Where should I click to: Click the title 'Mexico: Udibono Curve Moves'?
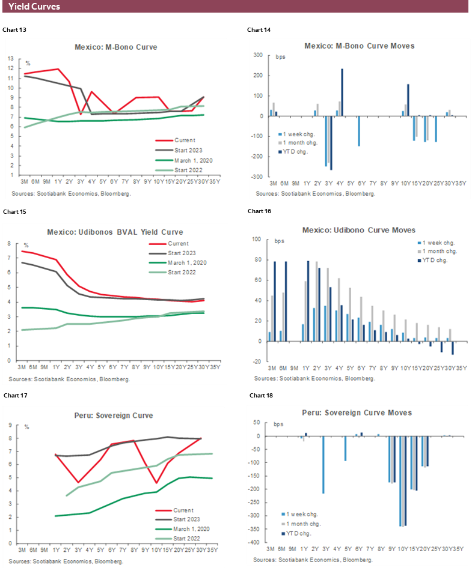(358, 230)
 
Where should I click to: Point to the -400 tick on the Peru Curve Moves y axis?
(256, 543)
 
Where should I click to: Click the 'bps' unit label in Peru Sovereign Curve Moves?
(279, 424)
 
